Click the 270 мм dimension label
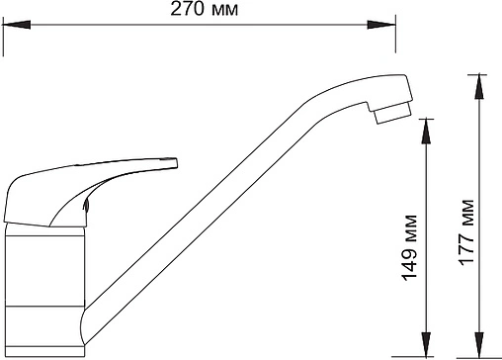(x=204, y=9)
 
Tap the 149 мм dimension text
(x=409, y=248)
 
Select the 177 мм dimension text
(x=466, y=232)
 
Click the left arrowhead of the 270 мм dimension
(x=17, y=25)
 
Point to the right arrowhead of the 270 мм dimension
(x=381, y=25)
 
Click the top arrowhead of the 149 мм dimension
(x=426, y=131)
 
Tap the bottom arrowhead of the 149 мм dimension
(x=426, y=345)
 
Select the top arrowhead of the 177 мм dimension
(x=479, y=87)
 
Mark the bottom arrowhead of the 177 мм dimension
(x=479, y=345)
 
